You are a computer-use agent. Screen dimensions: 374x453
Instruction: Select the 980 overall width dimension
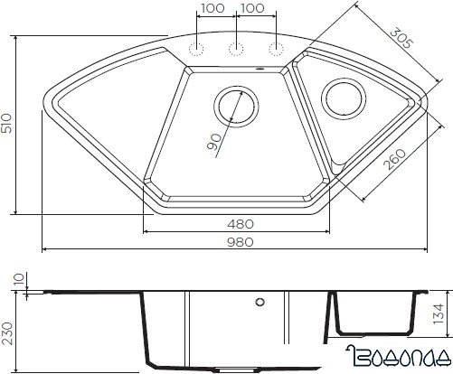pyautogui.click(x=237, y=242)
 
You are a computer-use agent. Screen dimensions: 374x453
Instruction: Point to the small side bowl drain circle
pyautogui.click(x=346, y=97)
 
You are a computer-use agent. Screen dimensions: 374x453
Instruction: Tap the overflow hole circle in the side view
pyautogui.click(x=260, y=302)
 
